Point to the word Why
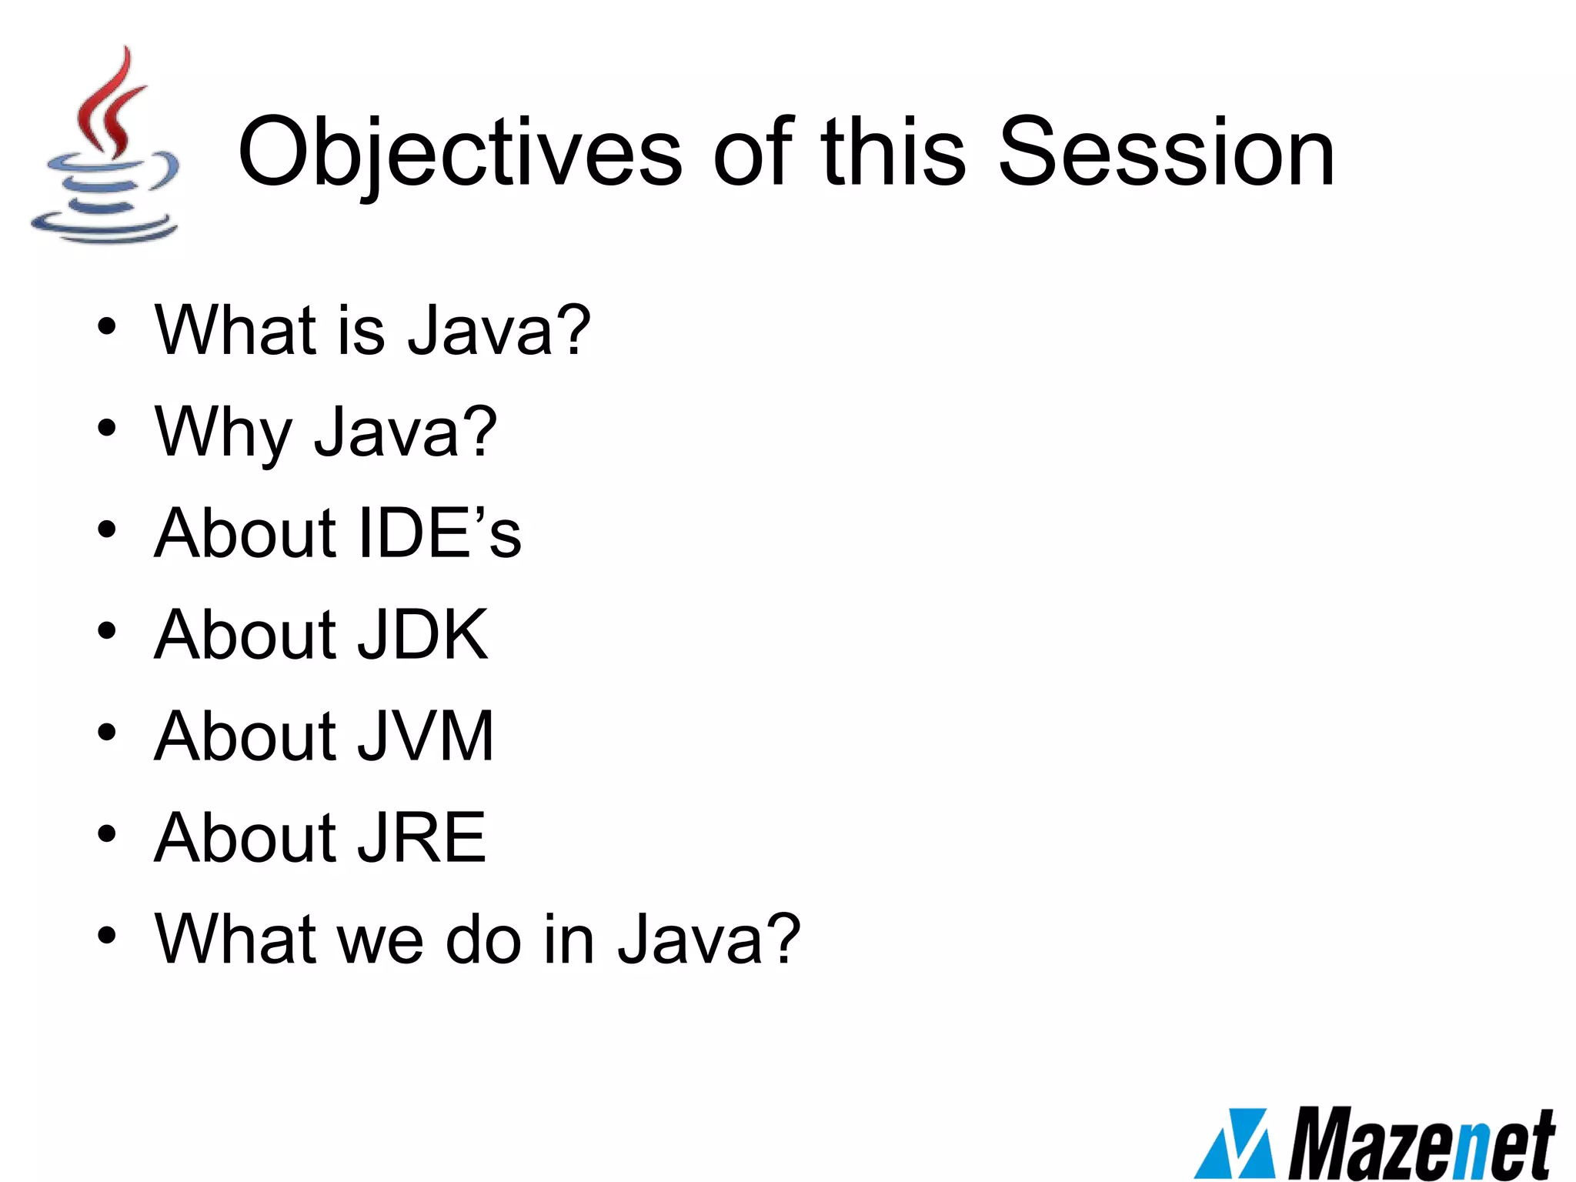pyautogui.click(x=223, y=432)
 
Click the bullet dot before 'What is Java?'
pyautogui.click(x=107, y=326)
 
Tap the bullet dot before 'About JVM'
pyautogui.click(x=107, y=733)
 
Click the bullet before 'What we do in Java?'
pyautogui.click(x=107, y=936)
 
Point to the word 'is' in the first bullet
pyautogui.click(x=362, y=330)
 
